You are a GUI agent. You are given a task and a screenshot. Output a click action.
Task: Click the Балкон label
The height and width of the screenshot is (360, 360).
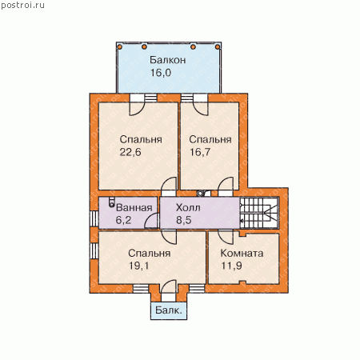(167, 60)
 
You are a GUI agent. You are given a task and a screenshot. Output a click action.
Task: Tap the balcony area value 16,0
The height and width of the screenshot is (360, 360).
(161, 73)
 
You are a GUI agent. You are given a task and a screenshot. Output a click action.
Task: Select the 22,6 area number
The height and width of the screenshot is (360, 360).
(130, 152)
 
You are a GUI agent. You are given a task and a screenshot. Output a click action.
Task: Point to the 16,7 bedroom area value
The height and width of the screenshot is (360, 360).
(200, 152)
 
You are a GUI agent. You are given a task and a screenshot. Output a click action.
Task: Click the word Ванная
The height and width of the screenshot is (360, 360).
(134, 208)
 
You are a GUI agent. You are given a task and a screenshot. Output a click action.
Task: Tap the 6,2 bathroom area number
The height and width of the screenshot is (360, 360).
(123, 220)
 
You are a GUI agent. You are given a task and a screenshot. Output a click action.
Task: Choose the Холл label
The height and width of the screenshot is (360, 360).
(188, 208)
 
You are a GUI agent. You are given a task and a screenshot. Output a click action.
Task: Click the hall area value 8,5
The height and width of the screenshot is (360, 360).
(183, 220)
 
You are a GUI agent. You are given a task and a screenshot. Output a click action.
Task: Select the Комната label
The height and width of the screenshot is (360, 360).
(242, 253)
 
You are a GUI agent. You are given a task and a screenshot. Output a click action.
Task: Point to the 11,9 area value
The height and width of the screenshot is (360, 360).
(231, 266)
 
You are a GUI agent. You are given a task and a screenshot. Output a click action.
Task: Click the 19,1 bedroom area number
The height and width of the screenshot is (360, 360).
(139, 266)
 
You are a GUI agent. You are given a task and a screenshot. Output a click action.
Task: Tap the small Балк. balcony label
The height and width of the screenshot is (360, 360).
(169, 310)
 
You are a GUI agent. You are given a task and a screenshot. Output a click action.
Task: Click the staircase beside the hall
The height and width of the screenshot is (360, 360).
(259, 213)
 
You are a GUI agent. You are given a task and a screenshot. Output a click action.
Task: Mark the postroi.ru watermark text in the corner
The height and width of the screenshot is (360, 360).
(22, 6)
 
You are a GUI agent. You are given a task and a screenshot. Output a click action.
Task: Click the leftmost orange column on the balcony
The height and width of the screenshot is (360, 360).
(120, 47)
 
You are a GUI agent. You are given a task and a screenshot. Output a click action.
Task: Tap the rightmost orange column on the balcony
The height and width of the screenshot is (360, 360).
(218, 47)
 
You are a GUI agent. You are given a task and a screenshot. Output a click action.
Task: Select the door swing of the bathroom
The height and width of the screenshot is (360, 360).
(151, 221)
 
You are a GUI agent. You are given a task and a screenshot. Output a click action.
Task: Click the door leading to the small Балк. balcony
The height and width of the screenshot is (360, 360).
(169, 290)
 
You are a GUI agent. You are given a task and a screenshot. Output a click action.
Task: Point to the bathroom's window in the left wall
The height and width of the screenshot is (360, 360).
(94, 218)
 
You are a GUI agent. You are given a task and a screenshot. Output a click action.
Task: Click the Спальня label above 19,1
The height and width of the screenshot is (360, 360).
(149, 253)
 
